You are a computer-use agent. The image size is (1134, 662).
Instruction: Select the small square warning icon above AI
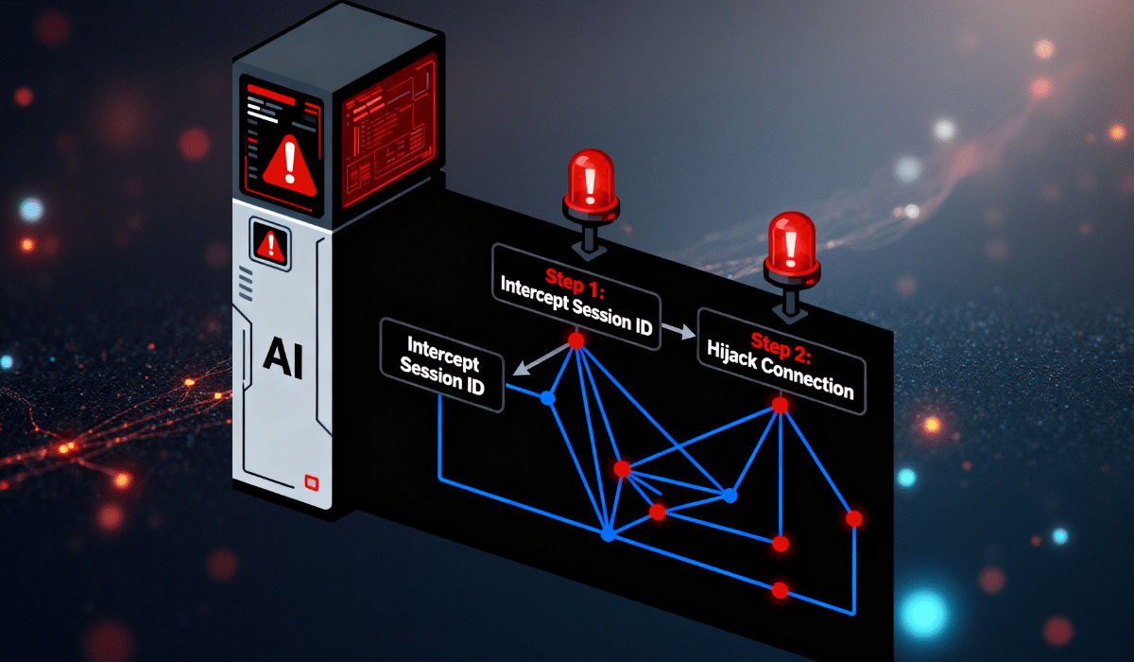[271, 245]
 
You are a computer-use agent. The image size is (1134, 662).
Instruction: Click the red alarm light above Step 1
[592, 183]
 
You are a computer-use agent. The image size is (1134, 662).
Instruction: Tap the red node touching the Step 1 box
[576, 339]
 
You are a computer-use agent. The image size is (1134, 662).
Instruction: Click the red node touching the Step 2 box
[780, 405]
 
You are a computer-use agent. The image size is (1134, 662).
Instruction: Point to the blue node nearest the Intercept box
[546, 399]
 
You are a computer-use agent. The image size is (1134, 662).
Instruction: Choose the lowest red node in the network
[780, 590]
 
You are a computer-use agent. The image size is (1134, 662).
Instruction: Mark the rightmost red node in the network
[854, 518]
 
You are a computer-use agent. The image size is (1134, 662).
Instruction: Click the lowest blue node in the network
[608, 535]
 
